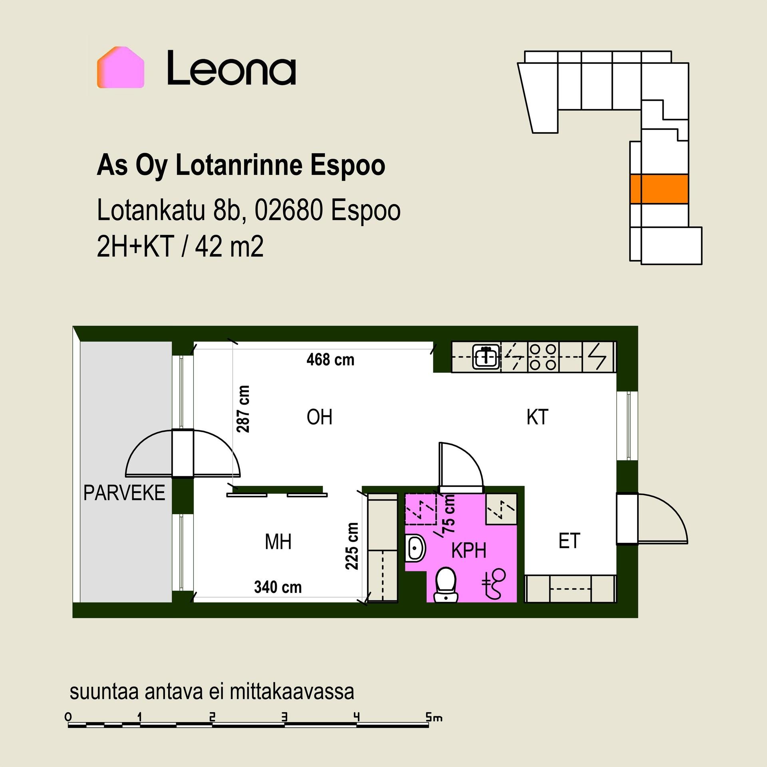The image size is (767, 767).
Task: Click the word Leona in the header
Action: pyautogui.click(x=231, y=68)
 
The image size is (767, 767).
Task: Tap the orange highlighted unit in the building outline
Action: pyautogui.click(x=659, y=189)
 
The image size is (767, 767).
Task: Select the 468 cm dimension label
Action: pyautogui.click(x=330, y=360)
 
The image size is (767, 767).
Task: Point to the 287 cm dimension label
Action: pyautogui.click(x=243, y=409)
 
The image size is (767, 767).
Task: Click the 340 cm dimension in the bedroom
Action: pyautogui.click(x=278, y=587)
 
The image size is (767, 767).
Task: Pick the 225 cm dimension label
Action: pyautogui.click(x=352, y=546)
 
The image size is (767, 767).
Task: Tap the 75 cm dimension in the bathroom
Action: pyautogui.click(x=449, y=513)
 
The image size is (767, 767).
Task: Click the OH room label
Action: pyautogui.click(x=320, y=417)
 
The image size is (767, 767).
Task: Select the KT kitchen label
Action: pyautogui.click(x=537, y=417)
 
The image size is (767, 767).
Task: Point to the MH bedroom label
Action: pyautogui.click(x=278, y=542)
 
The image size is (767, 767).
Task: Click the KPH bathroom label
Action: pyautogui.click(x=469, y=550)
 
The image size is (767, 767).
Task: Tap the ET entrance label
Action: pyautogui.click(x=569, y=541)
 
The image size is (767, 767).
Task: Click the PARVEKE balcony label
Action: pyautogui.click(x=124, y=493)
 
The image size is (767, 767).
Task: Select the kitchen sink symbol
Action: pyautogui.click(x=486, y=356)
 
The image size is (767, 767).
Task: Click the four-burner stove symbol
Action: pyautogui.click(x=543, y=356)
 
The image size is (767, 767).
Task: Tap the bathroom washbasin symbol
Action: pyautogui.click(x=415, y=548)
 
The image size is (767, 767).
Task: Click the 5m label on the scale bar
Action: pyautogui.click(x=434, y=717)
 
